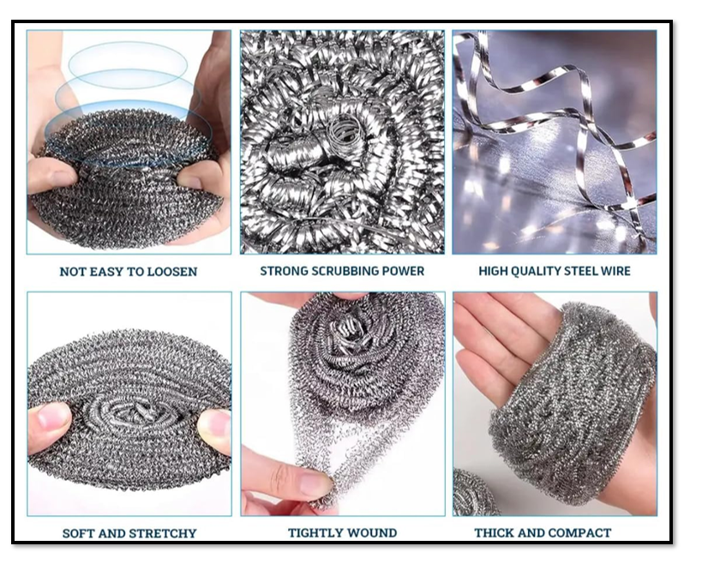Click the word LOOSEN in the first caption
click(x=170, y=272)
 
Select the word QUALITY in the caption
click(x=543, y=272)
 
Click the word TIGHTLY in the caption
click(x=318, y=533)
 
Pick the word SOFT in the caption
click(x=78, y=533)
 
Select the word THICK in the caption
click(x=495, y=533)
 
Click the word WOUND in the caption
click(x=373, y=533)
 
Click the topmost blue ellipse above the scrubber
click(x=128, y=63)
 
